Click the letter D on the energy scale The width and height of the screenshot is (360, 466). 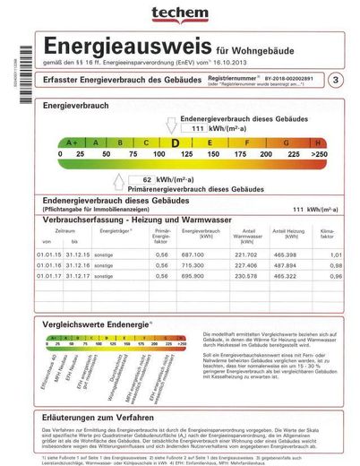176,142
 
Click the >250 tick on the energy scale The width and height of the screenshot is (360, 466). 319,154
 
